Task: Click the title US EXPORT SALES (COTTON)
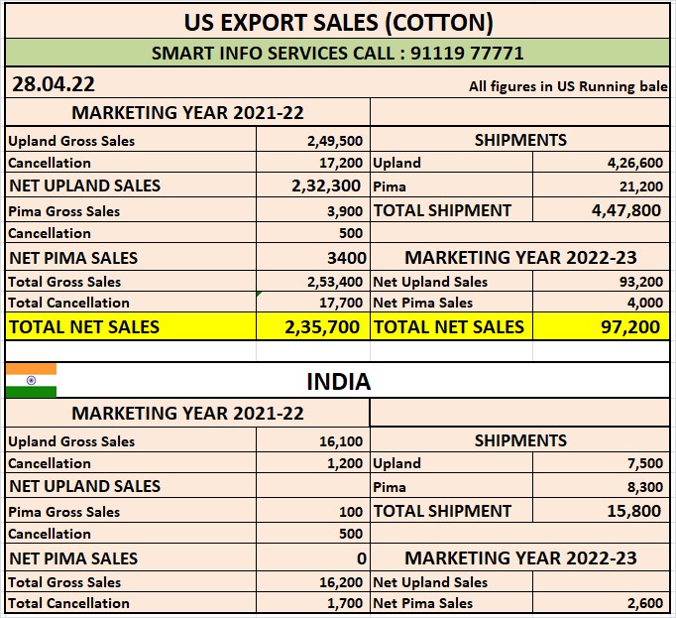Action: pyautogui.click(x=339, y=21)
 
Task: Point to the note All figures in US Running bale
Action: pyautogui.click(x=567, y=86)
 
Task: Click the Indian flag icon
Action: pyautogui.click(x=31, y=380)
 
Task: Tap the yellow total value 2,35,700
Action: pyautogui.click(x=320, y=326)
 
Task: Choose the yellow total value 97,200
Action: pyautogui.click(x=631, y=326)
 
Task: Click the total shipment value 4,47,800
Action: pyautogui.click(x=625, y=210)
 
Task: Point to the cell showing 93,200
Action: pyautogui.click(x=639, y=282)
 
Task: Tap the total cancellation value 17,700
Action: pyautogui.click(x=338, y=303)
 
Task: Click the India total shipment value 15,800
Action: pyautogui.click(x=633, y=511)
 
